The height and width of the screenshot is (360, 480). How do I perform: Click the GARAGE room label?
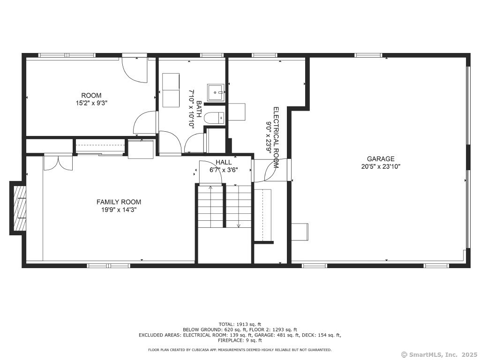point(381,159)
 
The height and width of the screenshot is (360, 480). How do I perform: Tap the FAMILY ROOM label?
point(119,202)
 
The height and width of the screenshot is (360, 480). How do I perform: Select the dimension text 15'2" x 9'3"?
point(91,103)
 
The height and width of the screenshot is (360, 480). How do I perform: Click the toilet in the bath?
point(216,118)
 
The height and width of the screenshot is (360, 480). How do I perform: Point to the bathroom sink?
point(216,92)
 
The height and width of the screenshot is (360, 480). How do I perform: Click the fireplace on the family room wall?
point(19,208)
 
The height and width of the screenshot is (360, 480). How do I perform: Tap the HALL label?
point(224,162)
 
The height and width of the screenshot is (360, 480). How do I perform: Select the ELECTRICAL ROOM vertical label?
point(276,137)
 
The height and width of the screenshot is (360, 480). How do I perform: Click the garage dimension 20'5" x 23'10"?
point(381,166)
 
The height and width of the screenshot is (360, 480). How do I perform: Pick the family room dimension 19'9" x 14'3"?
point(119,210)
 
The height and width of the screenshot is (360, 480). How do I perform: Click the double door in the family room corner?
point(58,162)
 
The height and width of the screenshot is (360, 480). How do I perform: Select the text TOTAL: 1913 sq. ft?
point(240,324)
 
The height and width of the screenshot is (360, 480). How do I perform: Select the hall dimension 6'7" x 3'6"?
point(224,170)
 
